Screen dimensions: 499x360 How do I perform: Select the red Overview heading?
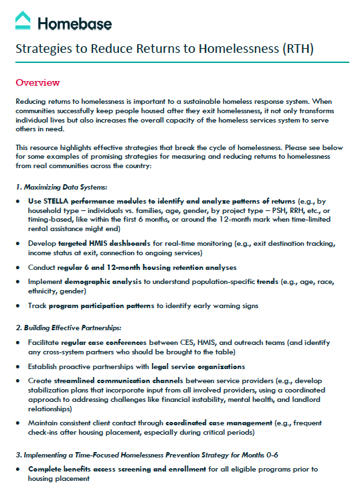coord(37,82)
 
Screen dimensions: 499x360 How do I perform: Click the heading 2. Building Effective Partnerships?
coord(69,328)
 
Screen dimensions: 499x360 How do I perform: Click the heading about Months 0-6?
coord(147,455)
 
